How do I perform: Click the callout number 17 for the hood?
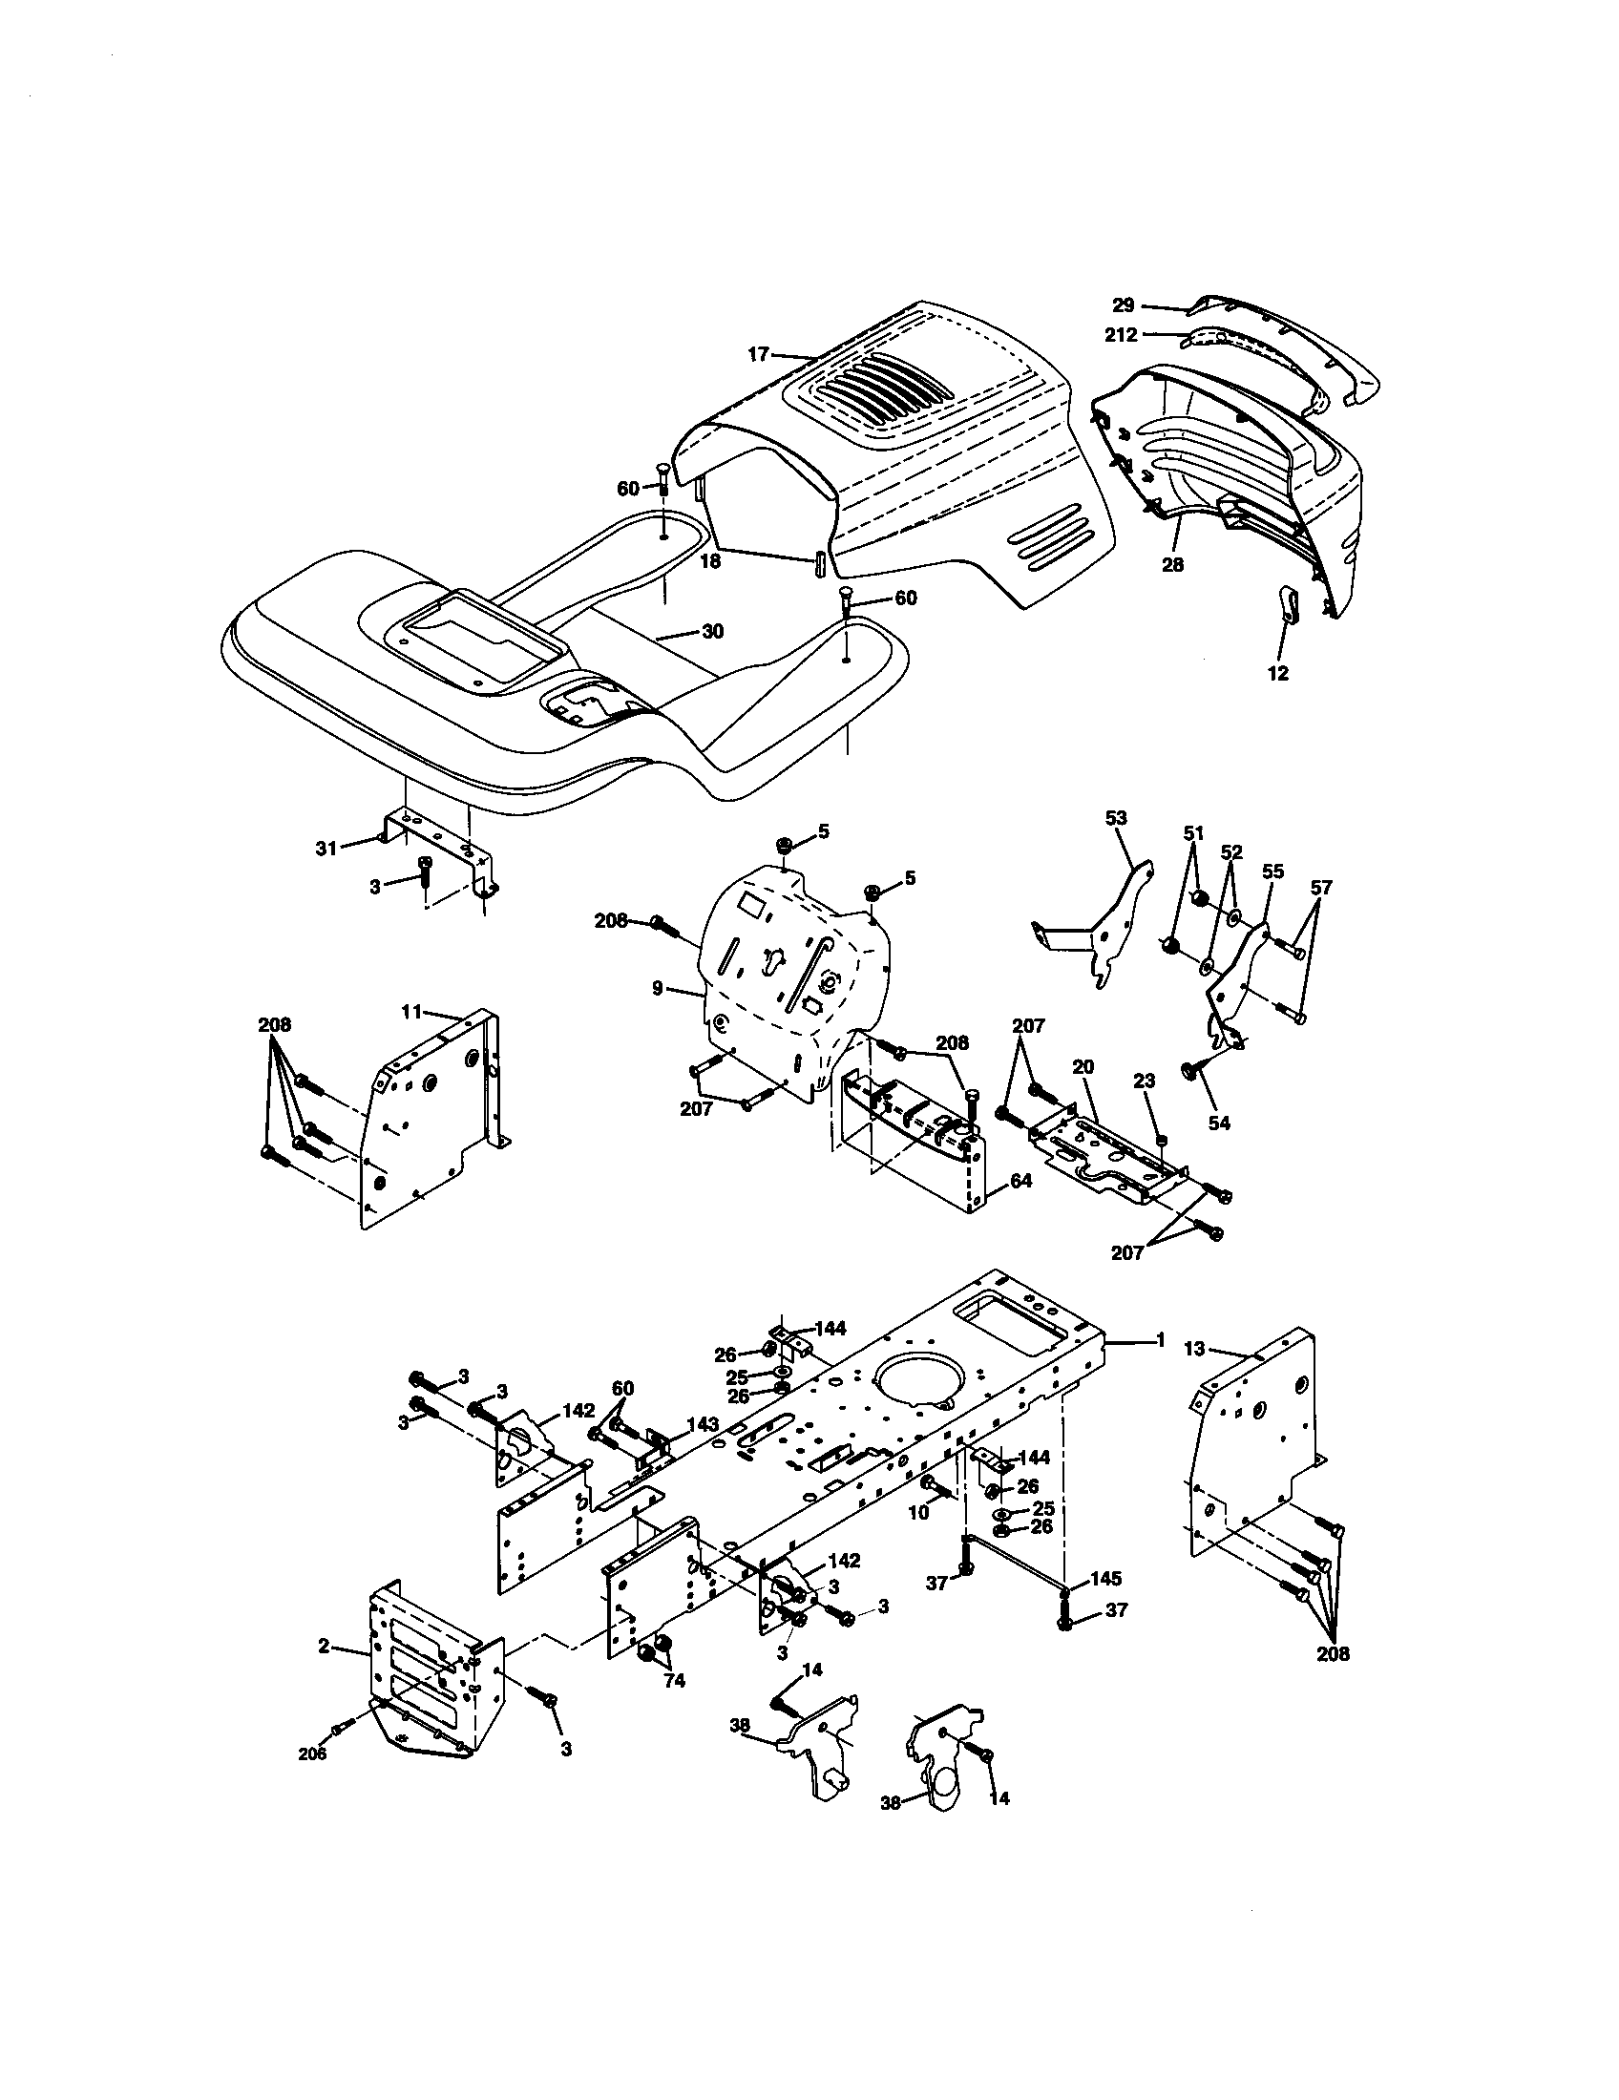click(x=759, y=355)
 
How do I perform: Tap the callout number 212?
click(x=1121, y=335)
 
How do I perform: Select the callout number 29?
click(x=1124, y=304)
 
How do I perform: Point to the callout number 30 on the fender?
click(x=712, y=632)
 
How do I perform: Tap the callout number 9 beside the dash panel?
click(x=657, y=988)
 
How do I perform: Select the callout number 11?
click(x=411, y=1011)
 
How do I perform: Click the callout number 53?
click(x=1116, y=818)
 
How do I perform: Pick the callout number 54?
click(x=1219, y=1123)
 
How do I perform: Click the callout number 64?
click(x=1020, y=1180)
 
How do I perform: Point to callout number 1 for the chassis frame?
click(x=1161, y=1338)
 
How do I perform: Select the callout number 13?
click(x=1192, y=1349)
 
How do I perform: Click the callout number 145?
click(x=1104, y=1579)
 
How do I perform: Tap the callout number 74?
click(x=674, y=1682)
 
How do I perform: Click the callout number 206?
click(x=312, y=1753)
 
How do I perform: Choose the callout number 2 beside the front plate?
click(x=324, y=1647)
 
